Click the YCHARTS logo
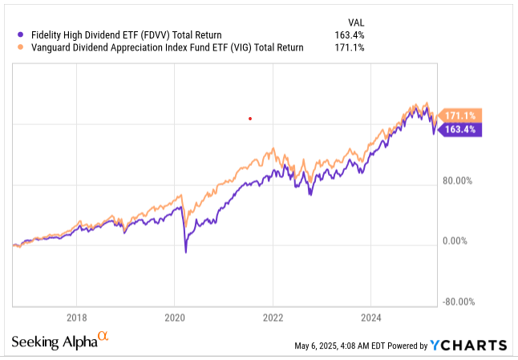click(x=468, y=345)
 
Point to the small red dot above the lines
click(x=251, y=119)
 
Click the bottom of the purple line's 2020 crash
click(x=186, y=253)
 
